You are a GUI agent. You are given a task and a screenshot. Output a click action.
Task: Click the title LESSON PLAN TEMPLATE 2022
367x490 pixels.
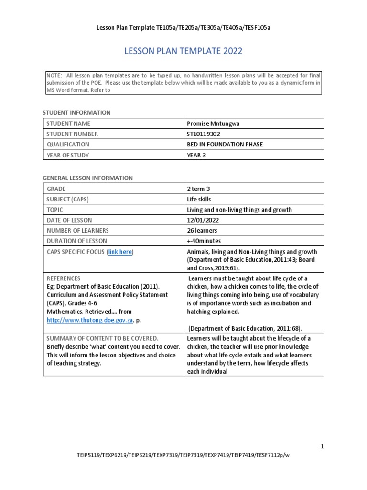coord(183,51)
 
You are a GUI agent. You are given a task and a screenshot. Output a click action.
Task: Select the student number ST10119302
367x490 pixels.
coord(204,134)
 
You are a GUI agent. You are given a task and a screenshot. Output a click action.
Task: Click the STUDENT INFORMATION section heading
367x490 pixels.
coord(77,112)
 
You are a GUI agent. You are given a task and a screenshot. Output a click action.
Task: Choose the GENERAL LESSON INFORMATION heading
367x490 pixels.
coord(88,178)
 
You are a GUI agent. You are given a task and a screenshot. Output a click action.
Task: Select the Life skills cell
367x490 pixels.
coord(199,199)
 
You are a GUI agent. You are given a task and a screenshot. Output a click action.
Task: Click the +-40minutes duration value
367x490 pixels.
coord(204,241)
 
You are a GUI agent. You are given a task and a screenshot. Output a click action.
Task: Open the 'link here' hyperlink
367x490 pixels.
coord(120,252)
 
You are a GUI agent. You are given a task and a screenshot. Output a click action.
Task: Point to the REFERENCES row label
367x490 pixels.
coord(63,278)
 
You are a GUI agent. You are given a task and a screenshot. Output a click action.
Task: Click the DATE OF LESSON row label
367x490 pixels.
coord(69,220)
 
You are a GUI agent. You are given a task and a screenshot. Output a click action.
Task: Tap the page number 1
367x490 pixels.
coord(322,446)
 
